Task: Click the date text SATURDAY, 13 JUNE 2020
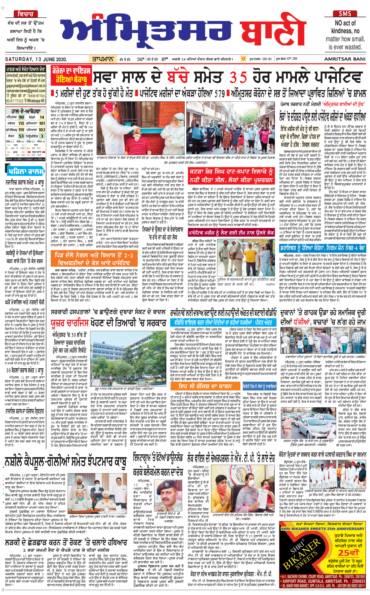click(36, 59)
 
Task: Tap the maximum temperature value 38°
click(140, 59)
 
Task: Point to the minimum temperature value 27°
click(165, 59)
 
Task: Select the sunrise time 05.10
click(267, 59)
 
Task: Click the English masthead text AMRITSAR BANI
click(345, 59)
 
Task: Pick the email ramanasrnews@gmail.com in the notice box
click(26, 91)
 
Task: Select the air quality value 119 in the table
click(21, 130)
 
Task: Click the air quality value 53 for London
click(21, 136)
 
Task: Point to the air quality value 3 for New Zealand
click(42, 136)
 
